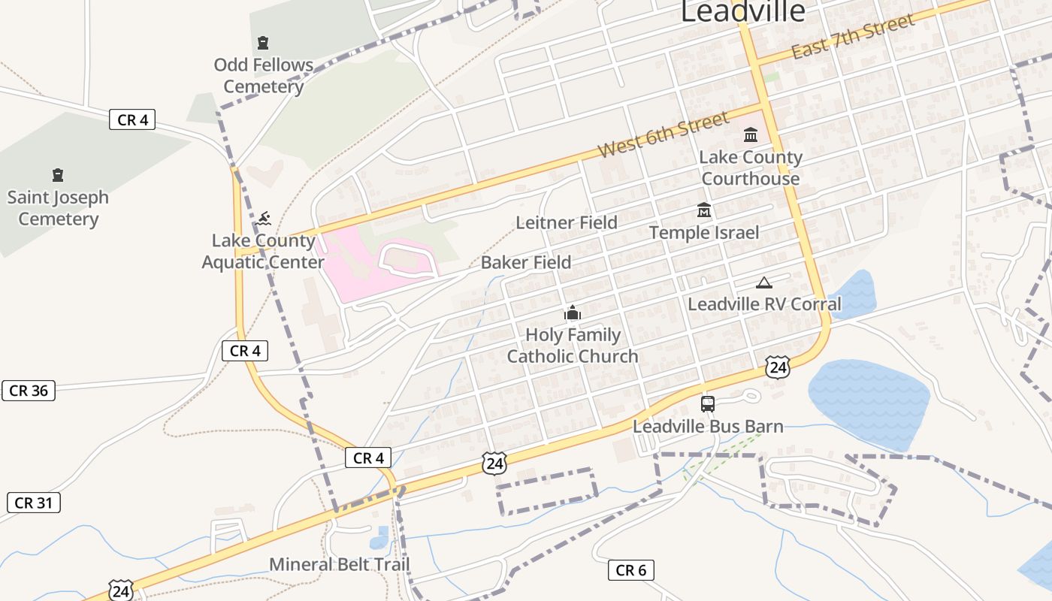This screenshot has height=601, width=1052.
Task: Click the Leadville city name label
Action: (742, 11)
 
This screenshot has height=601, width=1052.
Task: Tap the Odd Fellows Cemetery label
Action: (263, 76)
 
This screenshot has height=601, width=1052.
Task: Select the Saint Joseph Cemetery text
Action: (58, 208)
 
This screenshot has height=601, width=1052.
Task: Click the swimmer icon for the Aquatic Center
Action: (263, 219)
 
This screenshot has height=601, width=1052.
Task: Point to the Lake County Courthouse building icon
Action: (751, 135)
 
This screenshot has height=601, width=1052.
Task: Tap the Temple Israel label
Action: (704, 232)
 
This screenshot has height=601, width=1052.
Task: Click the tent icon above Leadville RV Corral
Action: (764, 282)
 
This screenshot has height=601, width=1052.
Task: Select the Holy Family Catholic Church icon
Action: (573, 313)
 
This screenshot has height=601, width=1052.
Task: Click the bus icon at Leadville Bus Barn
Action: (707, 404)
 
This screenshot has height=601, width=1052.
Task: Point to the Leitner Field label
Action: (567, 222)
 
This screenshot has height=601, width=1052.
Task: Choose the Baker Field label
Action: (526, 262)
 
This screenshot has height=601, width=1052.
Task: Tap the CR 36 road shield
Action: (29, 391)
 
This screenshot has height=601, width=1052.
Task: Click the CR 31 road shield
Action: (34, 503)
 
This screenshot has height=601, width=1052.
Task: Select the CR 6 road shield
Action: (630, 570)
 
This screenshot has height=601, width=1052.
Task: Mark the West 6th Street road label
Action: (664, 134)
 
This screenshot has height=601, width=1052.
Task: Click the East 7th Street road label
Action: (853, 37)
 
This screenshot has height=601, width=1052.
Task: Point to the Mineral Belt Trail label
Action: (340, 563)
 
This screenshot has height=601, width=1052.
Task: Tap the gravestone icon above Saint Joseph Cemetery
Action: (58, 175)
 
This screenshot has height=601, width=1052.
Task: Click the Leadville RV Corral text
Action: (765, 304)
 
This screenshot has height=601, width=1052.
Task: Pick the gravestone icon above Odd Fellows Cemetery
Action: (263, 43)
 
